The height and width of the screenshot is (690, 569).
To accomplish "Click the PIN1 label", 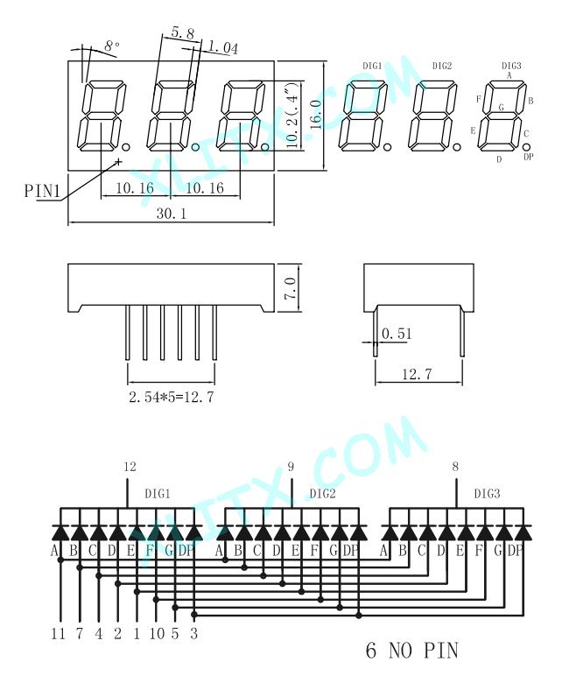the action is [x=42, y=191].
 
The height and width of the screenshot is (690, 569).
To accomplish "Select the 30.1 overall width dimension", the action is [x=172, y=214].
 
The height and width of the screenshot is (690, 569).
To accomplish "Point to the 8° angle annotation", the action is [x=112, y=46].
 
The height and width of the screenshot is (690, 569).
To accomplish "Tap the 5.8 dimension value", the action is [x=183, y=32].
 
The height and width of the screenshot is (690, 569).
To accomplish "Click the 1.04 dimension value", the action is [x=222, y=46].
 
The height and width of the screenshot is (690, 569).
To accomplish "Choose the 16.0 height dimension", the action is [x=316, y=115].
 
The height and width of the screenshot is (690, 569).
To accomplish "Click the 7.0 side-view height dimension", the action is [x=291, y=288].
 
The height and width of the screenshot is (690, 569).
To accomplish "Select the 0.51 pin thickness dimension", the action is [x=397, y=334].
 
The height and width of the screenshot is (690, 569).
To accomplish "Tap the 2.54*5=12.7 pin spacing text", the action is [x=172, y=397].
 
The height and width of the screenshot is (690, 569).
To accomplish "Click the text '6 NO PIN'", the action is [x=412, y=651].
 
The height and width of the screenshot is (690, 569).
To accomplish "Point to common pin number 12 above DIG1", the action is [x=130, y=467].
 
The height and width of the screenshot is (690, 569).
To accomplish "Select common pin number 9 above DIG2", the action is [x=291, y=467].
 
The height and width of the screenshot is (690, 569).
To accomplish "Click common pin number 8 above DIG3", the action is [x=455, y=467].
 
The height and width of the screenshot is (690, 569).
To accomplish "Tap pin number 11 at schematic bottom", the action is [x=58, y=634].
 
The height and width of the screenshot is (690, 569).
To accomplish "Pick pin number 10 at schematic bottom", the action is [x=157, y=634].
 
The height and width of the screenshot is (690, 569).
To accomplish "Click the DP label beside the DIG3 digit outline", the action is [x=529, y=157].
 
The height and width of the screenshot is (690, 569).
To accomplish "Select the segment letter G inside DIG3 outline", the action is [x=501, y=107].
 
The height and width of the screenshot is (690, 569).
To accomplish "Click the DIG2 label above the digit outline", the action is [x=442, y=66].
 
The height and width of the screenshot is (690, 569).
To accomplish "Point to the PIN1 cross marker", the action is [x=118, y=161].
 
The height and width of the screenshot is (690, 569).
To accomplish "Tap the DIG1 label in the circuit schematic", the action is [x=158, y=494].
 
